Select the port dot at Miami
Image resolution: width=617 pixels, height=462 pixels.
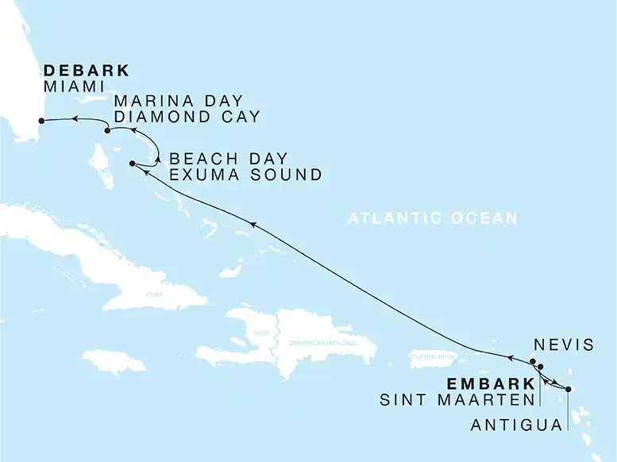click(39, 121)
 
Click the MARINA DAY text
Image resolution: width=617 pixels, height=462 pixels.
click(178, 102)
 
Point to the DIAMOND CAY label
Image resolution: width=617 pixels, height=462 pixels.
click(187, 117)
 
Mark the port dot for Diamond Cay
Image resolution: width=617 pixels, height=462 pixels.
click(107, 131)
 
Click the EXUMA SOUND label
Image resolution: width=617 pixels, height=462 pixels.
click(246, 175)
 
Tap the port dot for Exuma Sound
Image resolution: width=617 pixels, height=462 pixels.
click(133, 164)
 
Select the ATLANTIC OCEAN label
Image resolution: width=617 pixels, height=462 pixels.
click(432, 218)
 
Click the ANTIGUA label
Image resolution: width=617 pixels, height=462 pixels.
click(515, 426)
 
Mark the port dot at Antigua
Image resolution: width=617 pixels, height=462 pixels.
click(568, 389)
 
